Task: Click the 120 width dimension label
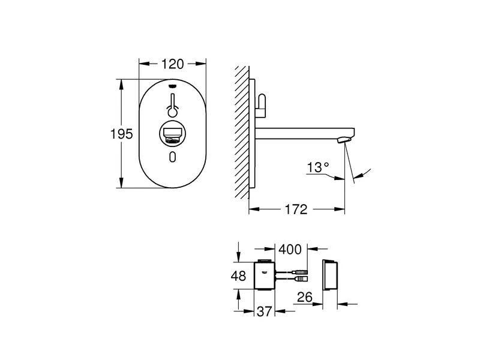pyautogui.click(x=172, y=64)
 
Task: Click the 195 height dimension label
pyautogui.click(x=122, y=134)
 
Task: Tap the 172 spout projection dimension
pyautogui.click(x=296, y=209)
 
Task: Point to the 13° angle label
pyautogui.click(x=318, y=167)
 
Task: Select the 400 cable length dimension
pyautogui.click(x=290, y=250)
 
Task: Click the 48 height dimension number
pyautogui.click(x=238, y=276)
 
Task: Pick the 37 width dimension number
pyautogui.click(x=265, y=311)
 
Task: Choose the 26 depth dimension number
pyautogui.click(x=305, y=297)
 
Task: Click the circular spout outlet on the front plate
pyautogui.click(x=172, y=134)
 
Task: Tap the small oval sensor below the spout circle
pyautogui.click(x=173, y=157)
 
